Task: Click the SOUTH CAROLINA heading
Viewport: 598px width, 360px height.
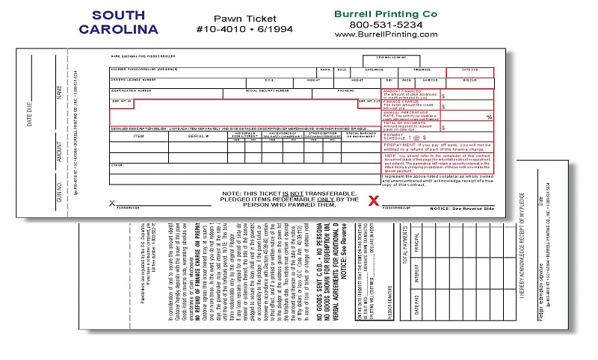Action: [x=117, y=22]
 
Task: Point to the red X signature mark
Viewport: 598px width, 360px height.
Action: [x=375, y=200]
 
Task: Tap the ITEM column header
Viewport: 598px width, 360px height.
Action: [x=139, y=136]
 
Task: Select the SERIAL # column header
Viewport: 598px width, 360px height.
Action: [x=198, y=136]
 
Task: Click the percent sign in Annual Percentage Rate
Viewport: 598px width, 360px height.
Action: [x=489, y=117]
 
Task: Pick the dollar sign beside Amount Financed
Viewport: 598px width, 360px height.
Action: [x=443, y=96]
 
